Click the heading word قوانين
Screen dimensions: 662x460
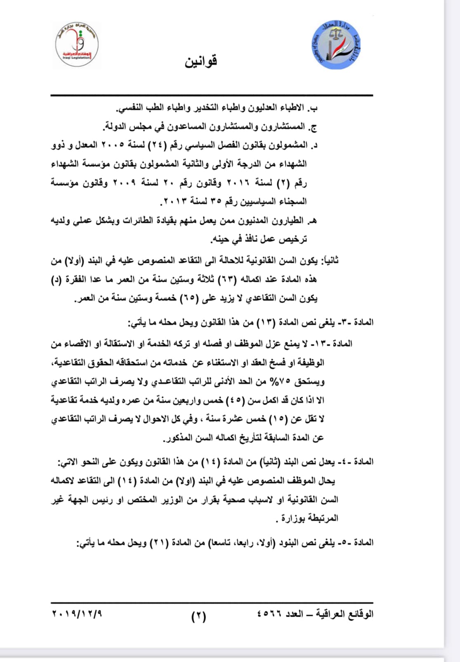pyautogui.click(x=201, y=61)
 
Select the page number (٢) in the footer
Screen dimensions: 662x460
pyautogui.click(x=198, y=617)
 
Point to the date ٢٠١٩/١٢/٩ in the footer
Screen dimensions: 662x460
pyautogui.click(x=77, y=614)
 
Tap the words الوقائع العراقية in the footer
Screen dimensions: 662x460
pyautogui.click(x=345, y=614)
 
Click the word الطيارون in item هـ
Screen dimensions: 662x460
pyautogui.click(x=290, y=221)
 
